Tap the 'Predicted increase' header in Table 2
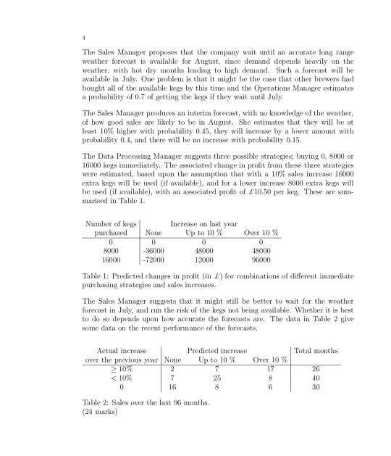pos(219,350)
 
